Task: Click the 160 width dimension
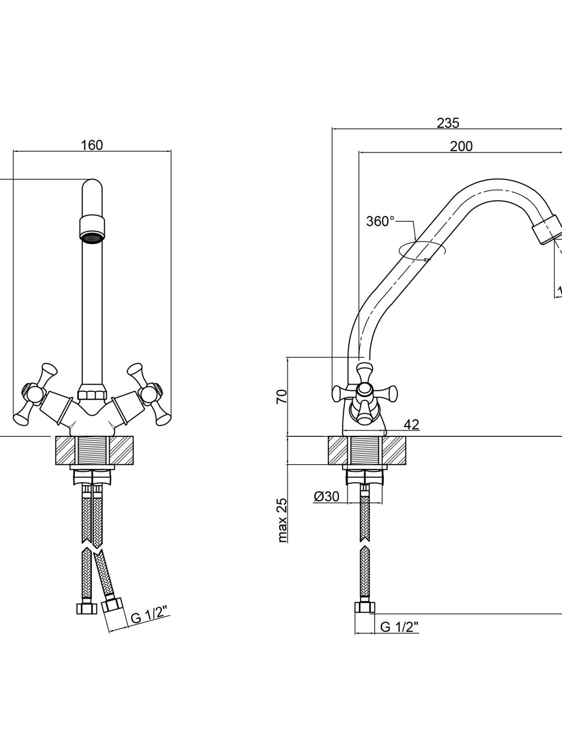(92, 145)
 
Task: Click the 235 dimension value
(448, 123)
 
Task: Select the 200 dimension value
(461, 146)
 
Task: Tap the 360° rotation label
(380, 221)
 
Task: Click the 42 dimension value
(411, 425)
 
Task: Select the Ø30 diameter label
(326, 496)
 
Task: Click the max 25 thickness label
(283, 520)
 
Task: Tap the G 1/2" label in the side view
(399, 627)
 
